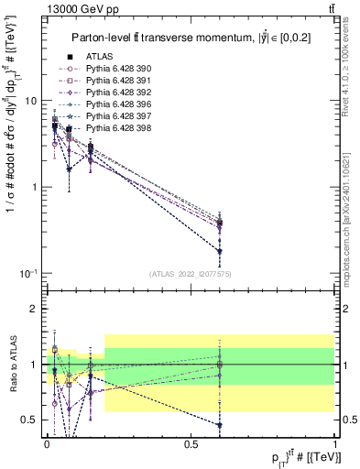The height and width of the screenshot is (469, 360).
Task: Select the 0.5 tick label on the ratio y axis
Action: point(29,420)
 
